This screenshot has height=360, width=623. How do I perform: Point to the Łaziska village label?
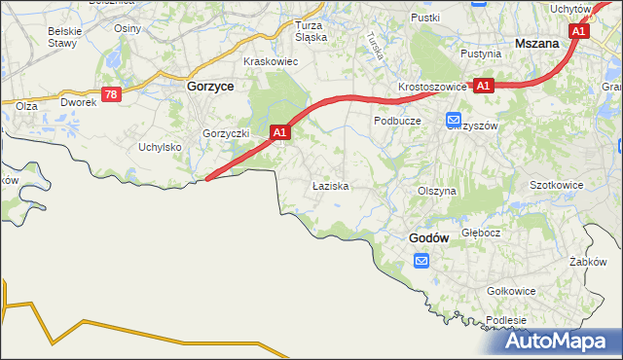[x=329, y=184]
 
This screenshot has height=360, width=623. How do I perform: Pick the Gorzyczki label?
[x=227, y=133]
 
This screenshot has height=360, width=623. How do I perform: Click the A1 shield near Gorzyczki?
[x=280, y=130]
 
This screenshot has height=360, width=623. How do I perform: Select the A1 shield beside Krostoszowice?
[x=485, y=86]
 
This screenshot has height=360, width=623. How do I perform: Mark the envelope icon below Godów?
[x=421, y=261]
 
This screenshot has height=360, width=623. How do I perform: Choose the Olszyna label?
[x=436, y=192]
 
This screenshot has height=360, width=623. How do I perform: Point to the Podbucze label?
[x=397, y=121]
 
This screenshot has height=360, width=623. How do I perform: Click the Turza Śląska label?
[x=311, y=31]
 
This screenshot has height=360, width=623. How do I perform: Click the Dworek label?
[x=78, y=101]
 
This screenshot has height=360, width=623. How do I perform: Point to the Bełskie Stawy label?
[x=64, y=37]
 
